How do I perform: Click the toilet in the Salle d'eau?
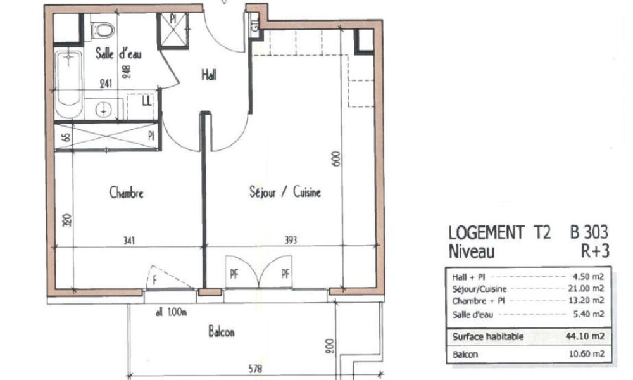point(103,28)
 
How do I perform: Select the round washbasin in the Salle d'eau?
point(104,110)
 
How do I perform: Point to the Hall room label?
point(209,75)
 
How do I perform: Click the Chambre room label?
point(126,193)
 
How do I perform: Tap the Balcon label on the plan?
point(221,331)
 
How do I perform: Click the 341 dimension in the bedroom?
point(128,240)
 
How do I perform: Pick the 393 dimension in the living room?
point(291,240)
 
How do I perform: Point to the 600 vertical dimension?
point(336,158)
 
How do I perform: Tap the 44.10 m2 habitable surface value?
point(588,336)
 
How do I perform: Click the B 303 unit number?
point(589,232)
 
